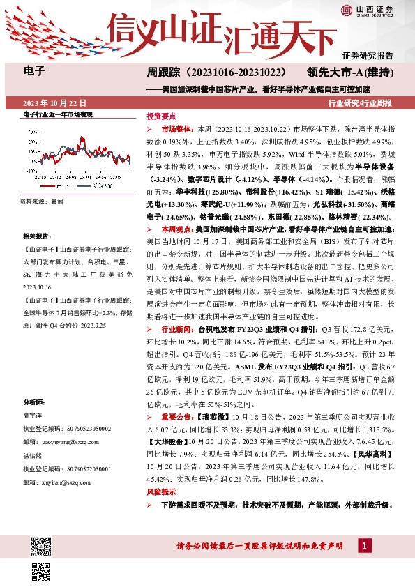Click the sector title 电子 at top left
[34, 70]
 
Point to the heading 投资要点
[160, 115]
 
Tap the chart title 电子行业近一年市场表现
[57, 114]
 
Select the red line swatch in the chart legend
[41, 186]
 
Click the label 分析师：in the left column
[35, 404]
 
